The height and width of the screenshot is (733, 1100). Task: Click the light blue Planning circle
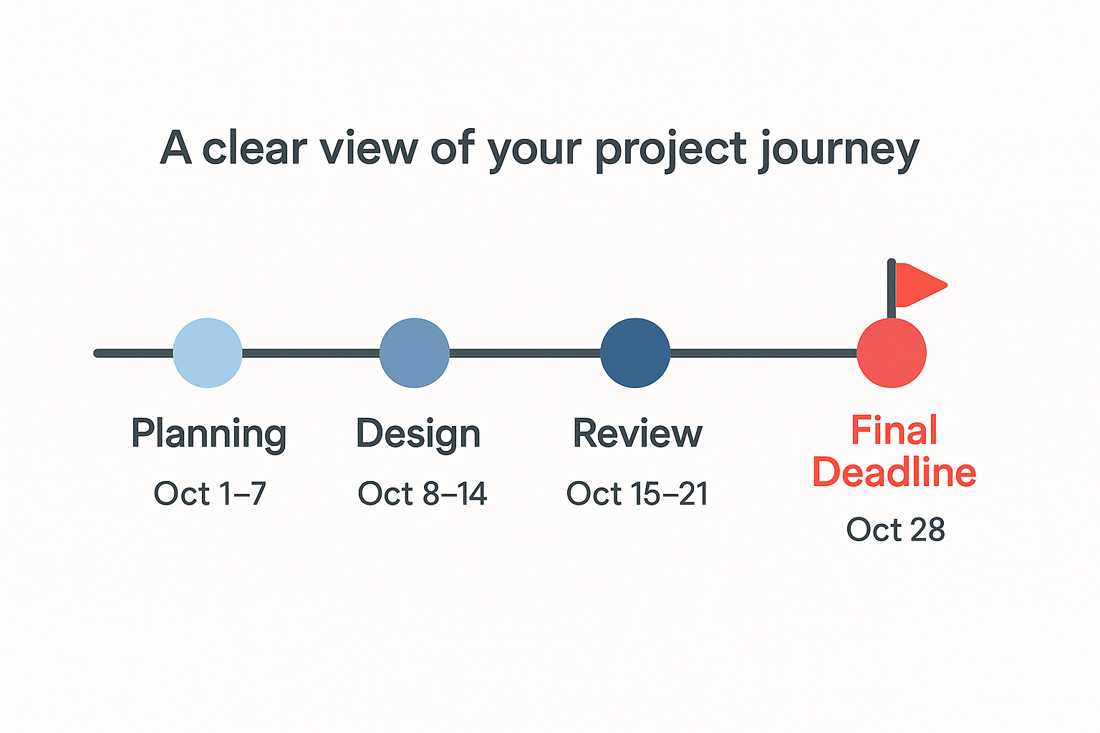pos(208,353)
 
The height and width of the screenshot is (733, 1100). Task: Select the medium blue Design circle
pos(415,353)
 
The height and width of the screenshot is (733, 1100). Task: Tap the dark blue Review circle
pos(635,353)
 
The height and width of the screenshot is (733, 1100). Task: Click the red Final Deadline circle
pos(892,353)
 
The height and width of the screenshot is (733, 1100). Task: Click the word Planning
pos(208,434)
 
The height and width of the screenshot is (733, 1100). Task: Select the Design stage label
pos(418,434)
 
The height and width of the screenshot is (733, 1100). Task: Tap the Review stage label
pos(637,433)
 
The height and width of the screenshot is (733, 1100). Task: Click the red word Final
pos(894,430)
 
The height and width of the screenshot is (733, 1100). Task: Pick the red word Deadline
pos(894,472)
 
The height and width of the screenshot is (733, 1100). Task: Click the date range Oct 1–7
pos(210,493)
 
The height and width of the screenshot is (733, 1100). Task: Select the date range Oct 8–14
pos(423,493)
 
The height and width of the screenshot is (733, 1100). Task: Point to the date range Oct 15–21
pos(637,493)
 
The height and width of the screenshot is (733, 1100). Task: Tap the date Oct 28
pos(896,529)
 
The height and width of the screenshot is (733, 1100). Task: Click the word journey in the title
pos(839,150)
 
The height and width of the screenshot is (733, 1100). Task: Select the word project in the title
pos(671,150)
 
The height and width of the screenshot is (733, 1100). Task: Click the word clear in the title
pos(255,148)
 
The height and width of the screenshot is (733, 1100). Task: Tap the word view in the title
pos(369,148)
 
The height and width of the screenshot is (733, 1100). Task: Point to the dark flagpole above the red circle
pos(892,288)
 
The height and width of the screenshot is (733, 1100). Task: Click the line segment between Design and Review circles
pos(525,353)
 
